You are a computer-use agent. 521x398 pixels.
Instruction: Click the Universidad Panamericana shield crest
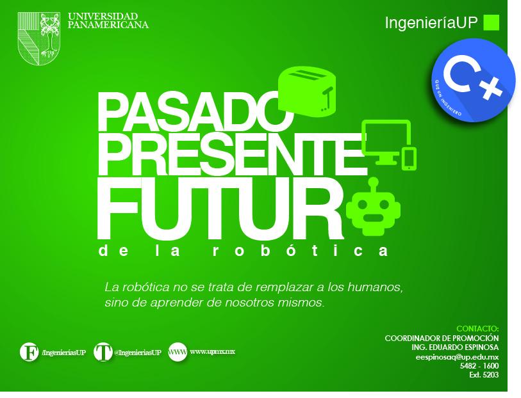click(x=41, y=37)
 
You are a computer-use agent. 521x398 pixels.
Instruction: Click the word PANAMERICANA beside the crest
click(x=108, y=25)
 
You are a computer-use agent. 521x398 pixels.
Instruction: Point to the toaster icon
click(x=308, y=92)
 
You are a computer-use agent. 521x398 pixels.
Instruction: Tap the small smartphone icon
click(x=409, y=158)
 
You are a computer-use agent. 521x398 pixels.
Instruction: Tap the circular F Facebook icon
click(x=29, y=352)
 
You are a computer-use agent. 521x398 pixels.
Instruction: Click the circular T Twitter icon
click(x=103, y=352)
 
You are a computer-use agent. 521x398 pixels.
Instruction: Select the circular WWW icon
click(x=178, y=352)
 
